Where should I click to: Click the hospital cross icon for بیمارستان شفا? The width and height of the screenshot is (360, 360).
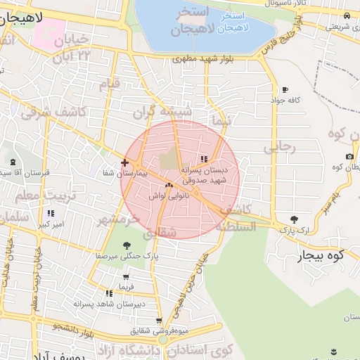point(124,163)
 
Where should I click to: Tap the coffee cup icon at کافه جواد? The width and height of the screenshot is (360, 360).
point(285,89)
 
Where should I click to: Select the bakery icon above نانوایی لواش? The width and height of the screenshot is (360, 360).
point(168,186)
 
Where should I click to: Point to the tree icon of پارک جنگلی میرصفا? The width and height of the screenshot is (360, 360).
point(126,245)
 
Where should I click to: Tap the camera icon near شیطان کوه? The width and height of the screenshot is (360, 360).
point(349,156)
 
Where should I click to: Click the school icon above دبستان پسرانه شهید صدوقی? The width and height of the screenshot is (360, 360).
point(204,159)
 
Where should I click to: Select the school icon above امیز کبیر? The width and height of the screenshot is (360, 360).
point(51,213)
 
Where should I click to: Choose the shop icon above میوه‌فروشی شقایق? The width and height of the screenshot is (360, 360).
point(159,321)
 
